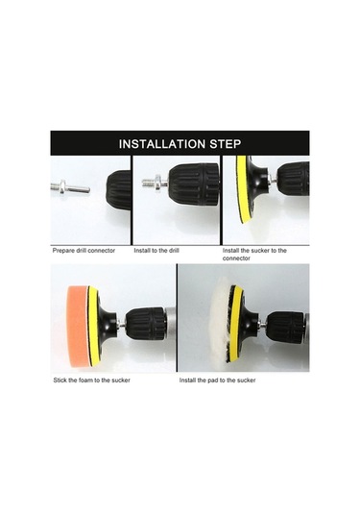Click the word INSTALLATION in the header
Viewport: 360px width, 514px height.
tap(162, 144)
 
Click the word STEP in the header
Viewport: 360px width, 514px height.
tap(226, 144)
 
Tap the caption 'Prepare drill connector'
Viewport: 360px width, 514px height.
tap(84, 251)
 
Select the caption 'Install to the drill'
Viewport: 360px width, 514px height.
tap(156, 251)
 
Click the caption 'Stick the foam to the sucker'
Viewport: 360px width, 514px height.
tap(92, 380)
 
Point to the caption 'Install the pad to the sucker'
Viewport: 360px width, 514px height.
tap(218, 380)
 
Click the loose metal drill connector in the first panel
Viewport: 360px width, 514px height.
tap(70, 187)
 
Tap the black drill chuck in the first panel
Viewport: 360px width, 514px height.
tap(118, 190)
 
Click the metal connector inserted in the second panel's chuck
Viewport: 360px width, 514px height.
tap(156, 183)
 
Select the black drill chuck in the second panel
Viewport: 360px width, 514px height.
tap(194, 184)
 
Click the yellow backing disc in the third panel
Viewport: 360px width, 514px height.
tap(242, 189)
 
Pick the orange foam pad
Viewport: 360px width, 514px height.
tap(78, 324)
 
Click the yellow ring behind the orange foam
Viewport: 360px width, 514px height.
tap(93, 325)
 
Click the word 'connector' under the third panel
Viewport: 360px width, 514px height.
tap(236, 258)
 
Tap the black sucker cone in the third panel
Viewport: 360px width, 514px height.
tap(257, 184)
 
